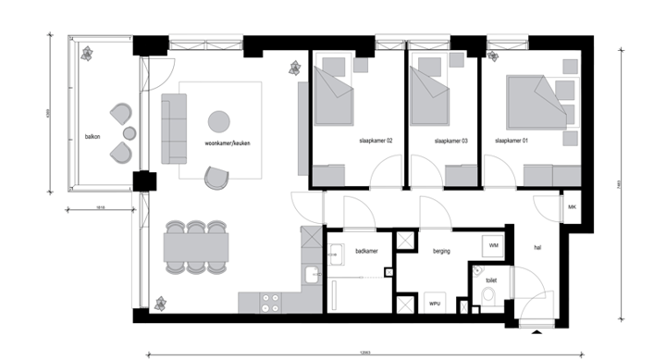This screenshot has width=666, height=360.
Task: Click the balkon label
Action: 92,135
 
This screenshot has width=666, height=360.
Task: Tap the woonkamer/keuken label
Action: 228,144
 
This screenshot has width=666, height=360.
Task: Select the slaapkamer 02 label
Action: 376,141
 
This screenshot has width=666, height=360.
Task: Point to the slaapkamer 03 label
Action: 450,141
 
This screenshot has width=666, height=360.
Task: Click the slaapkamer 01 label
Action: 512,141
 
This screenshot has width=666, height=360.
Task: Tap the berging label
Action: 440,251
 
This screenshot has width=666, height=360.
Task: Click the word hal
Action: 537,247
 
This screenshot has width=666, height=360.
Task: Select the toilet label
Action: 491,276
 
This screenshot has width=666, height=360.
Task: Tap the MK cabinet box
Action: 572,207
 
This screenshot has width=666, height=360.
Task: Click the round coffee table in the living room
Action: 219,121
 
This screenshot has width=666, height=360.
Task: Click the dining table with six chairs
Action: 195,246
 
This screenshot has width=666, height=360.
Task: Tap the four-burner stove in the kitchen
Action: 273,303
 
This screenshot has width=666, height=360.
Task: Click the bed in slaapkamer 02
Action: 333,97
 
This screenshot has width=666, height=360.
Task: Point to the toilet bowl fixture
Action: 488,295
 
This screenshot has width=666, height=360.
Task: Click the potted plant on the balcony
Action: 88,54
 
